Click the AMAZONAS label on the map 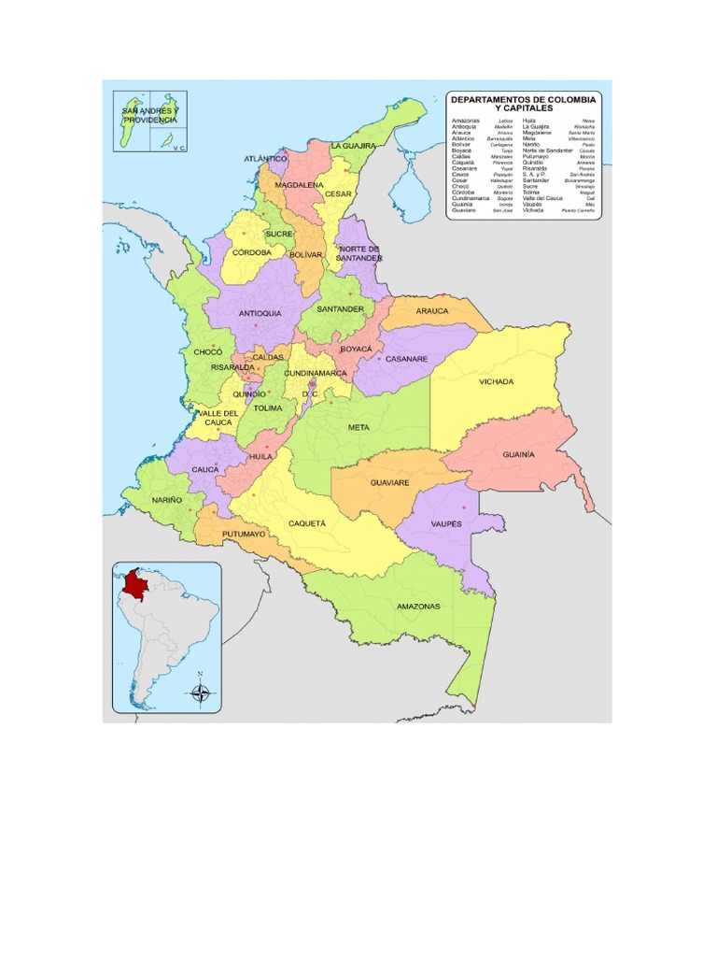coord(418,607)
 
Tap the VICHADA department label coord(497,382)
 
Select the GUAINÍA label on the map coord(518,453)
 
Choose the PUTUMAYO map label coord(245,535)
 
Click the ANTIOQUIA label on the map coord(260,313)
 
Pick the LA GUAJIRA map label coord(353,147)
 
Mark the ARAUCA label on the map coord(432,310)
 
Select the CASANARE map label coord(407,359)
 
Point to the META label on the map coord(358,427)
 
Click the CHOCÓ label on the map coord(207,352)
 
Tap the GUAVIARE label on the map coord(391,484)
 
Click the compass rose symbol coord(201,693)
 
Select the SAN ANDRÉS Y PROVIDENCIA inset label coord(149,116)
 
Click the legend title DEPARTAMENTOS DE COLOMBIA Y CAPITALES coord(523,104)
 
